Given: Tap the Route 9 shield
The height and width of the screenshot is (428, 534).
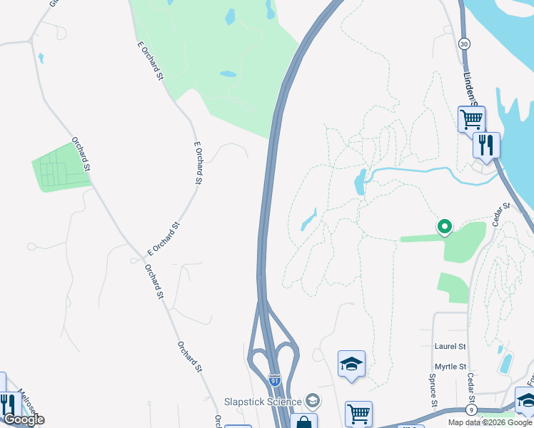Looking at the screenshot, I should coord(471,410).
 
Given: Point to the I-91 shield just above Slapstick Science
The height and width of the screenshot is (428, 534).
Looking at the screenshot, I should coord(274,379).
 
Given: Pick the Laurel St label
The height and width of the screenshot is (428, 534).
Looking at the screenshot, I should coord(450,346).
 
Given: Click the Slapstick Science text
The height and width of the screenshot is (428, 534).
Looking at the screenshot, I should coord(262,402).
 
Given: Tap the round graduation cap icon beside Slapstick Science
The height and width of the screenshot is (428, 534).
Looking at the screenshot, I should coord(312,400).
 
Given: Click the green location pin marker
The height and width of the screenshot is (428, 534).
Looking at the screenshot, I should coord(444,227).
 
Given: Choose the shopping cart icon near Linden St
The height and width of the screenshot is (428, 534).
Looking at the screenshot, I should coord(471,118).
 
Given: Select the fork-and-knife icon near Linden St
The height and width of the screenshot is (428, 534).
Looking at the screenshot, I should coord(486,146).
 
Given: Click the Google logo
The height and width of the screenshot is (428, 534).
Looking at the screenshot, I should coord(24,419).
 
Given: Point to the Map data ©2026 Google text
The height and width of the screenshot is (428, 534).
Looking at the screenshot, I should coord(490,422).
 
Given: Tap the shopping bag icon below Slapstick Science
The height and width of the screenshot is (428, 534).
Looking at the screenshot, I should coord(303,422).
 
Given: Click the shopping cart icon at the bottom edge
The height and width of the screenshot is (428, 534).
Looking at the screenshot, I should coord(358,414).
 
